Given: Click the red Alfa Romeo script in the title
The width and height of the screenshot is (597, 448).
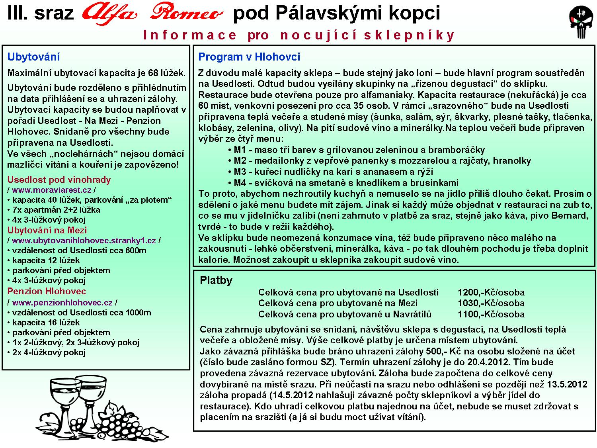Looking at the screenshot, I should [x=152, y=14].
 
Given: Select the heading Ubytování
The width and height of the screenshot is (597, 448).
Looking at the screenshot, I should [x=33, y=57].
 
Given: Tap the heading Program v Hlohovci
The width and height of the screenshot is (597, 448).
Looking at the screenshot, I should [x=249, y=57].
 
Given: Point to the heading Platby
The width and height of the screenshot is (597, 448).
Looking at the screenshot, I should [x=216, y=280].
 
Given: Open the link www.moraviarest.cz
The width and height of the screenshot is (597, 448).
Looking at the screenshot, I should [x=52, y=190].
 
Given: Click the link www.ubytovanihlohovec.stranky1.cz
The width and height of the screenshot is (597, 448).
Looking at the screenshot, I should [x=84, y=241].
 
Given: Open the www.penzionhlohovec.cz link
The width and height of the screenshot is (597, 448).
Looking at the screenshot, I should [x=62, y=303].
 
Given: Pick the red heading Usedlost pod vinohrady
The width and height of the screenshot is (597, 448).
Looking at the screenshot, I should [x=59, y=180].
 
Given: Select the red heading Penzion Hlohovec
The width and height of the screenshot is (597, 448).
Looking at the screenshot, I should [x=47, y=291].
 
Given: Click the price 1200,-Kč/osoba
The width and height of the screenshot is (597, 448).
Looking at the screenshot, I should [x=491, y=292].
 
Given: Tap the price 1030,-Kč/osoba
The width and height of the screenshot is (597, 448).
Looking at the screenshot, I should [x=491, y=303].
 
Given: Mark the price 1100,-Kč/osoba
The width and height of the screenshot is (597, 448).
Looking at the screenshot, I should [x=491, y=314].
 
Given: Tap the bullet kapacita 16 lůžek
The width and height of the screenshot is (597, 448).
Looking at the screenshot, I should [x=46, y=323].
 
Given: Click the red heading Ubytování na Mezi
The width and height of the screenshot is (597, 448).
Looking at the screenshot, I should [x=47, y=230].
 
